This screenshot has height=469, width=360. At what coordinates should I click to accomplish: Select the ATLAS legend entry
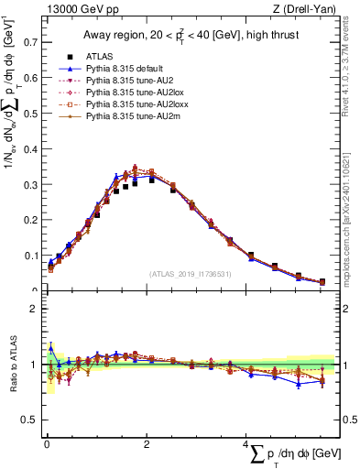[94, 56]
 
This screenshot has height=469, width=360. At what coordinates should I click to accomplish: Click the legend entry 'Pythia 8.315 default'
[120, 69]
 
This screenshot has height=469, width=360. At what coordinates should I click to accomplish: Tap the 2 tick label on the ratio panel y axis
[33, 309]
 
